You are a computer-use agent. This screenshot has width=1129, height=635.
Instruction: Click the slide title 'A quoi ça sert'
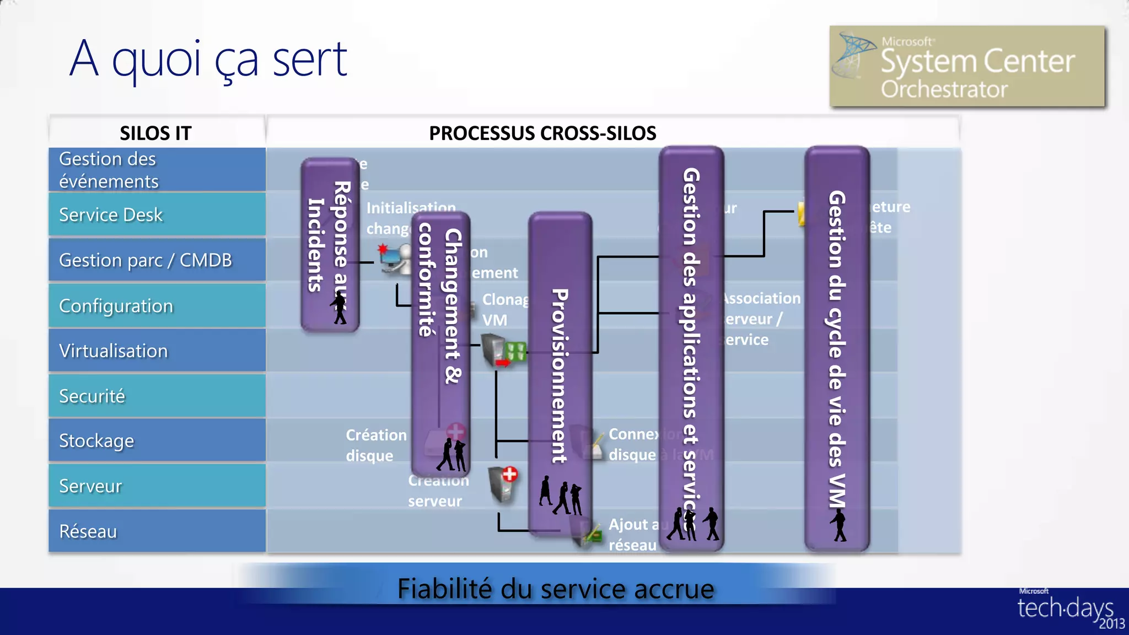coord(208,60)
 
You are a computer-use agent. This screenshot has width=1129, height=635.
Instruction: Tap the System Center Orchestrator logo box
coord(967,66)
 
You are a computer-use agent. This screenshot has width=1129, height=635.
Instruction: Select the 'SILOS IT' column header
coord(156,133)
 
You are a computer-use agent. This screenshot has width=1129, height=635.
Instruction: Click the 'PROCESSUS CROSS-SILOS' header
coord(542,133)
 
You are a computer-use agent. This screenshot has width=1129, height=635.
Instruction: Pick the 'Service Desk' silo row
coord(157,214)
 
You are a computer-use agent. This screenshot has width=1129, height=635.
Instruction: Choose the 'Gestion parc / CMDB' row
coord(157,260)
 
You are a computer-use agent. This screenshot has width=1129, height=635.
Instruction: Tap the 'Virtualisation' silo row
coord(157,351)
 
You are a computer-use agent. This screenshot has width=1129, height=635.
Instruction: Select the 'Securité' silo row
coord(157,396)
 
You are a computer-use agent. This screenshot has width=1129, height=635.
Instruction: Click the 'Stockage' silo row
coord(157,440)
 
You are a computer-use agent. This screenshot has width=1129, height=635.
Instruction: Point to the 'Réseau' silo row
coord(157,531)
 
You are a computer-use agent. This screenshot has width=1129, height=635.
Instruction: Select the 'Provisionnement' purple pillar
coord(560,375)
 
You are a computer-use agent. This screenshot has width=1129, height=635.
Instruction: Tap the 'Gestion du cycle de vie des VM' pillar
coord(837,347)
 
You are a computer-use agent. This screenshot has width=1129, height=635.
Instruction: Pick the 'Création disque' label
coord(375,445)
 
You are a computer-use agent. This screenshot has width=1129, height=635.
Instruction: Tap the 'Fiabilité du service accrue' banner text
coord(555,589)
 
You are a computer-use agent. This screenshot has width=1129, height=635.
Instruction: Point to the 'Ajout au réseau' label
coord(632,534)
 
